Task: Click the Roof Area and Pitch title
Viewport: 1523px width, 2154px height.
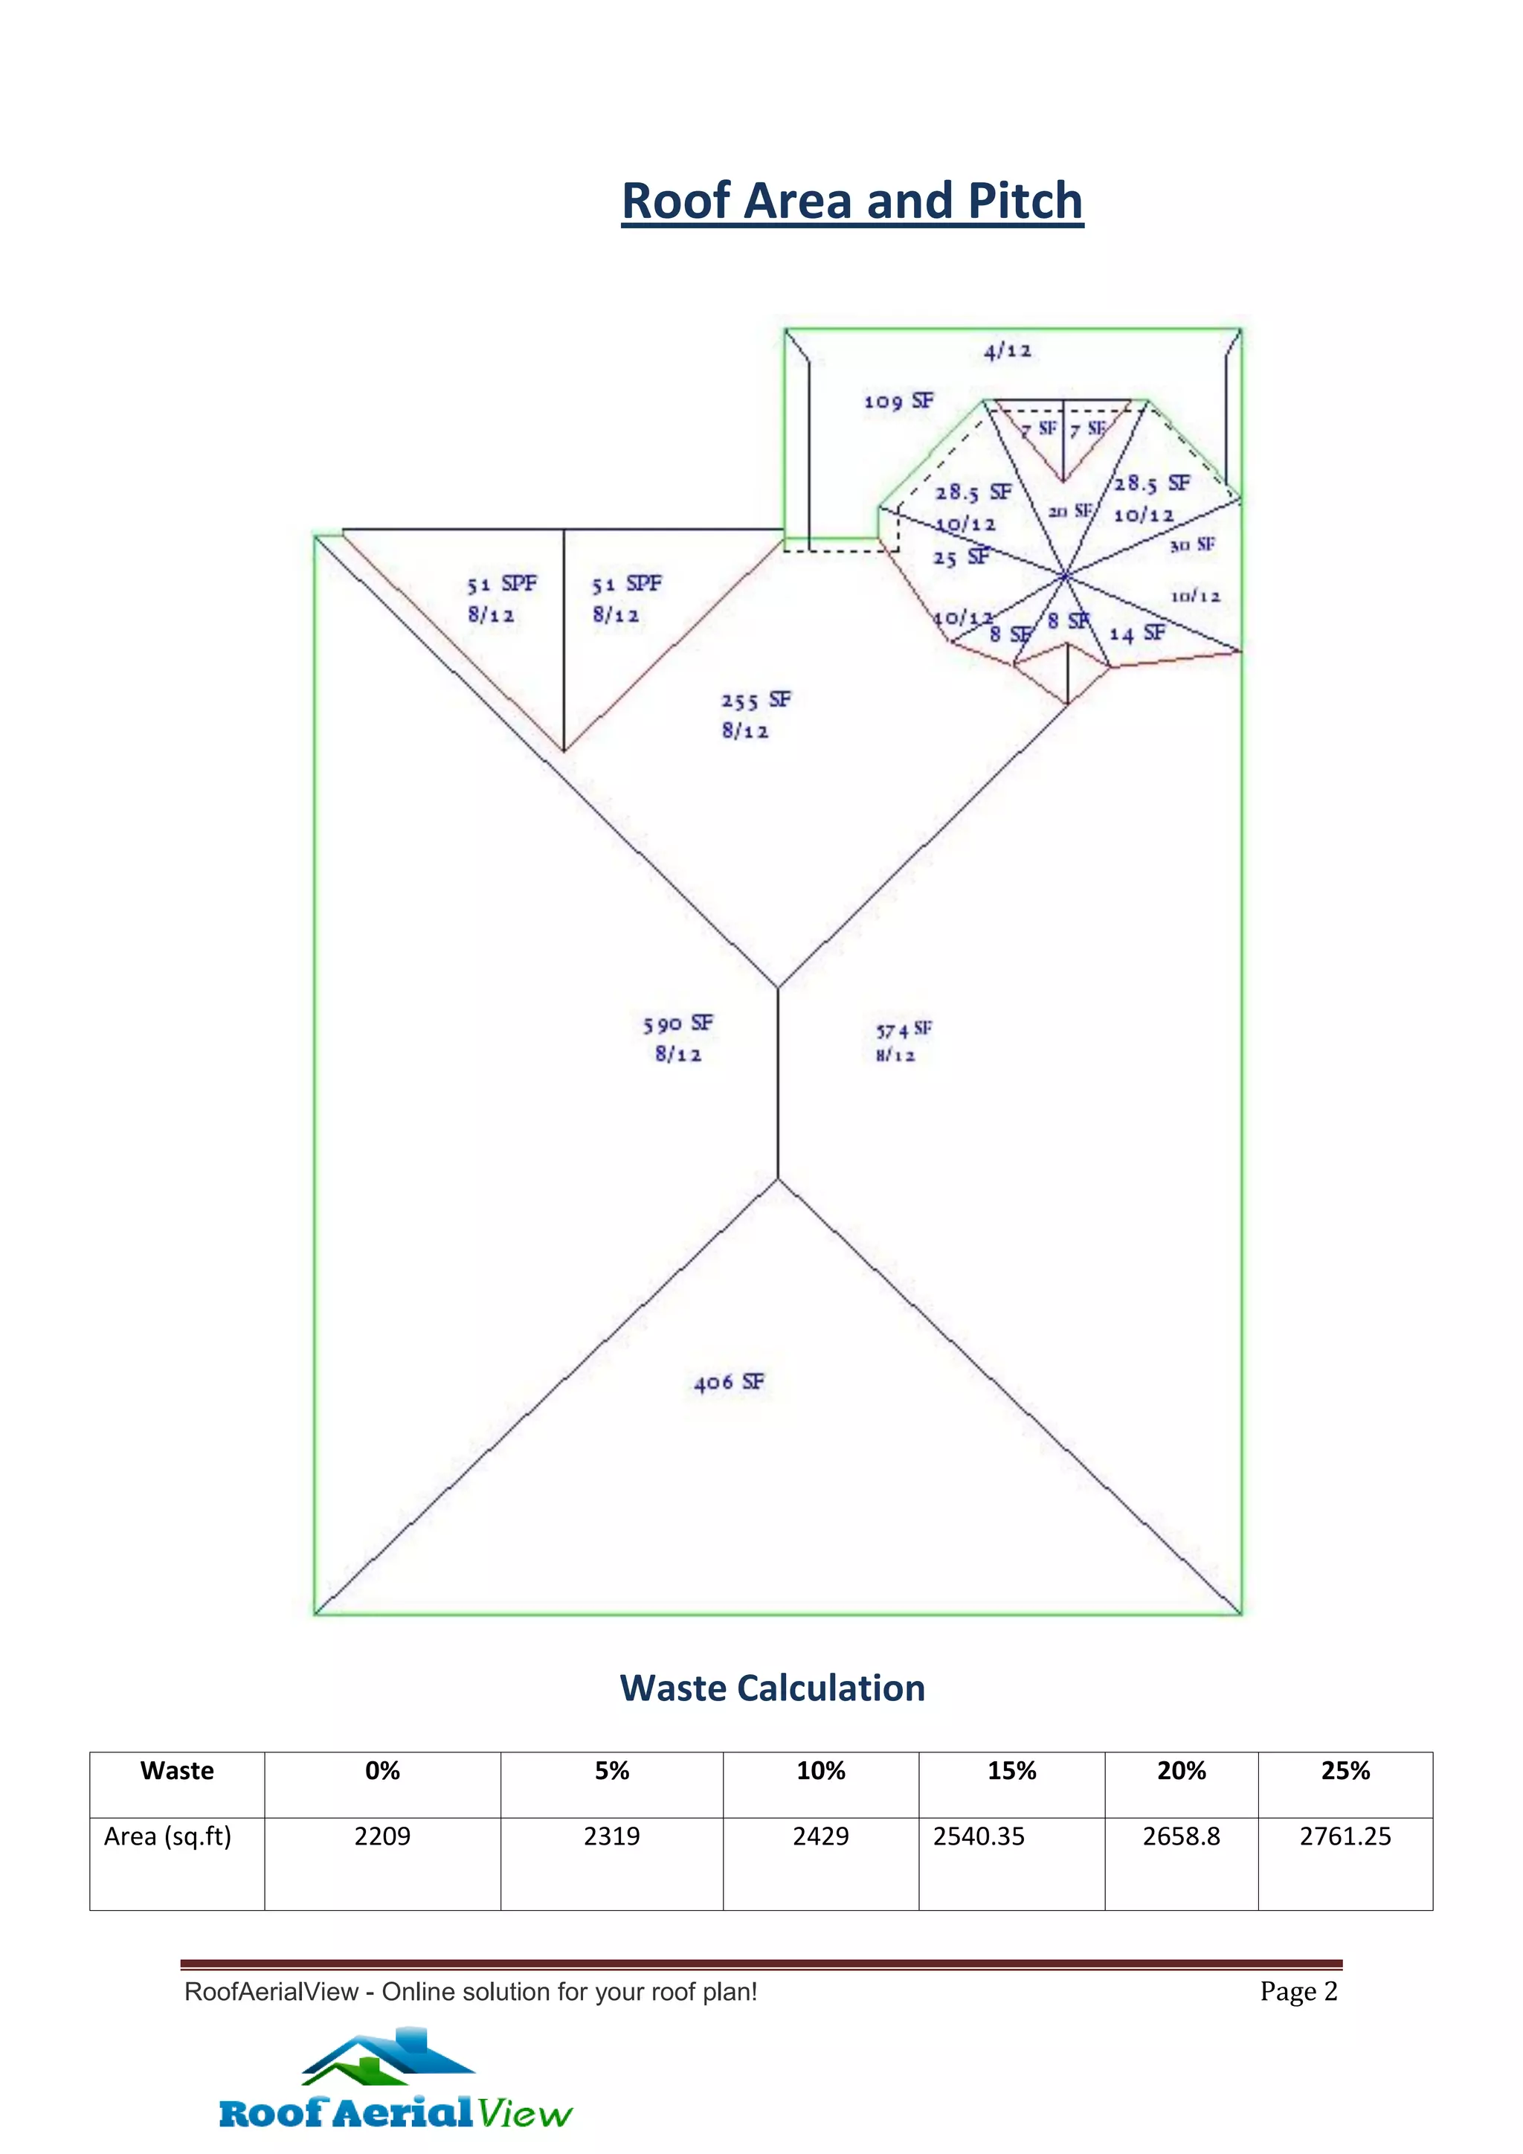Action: pyautogui.click(x=851, y=202)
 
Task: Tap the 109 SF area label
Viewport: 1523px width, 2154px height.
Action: pyautogui.click(x=898, y=402)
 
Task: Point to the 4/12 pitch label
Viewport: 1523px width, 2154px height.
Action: pyautogui.click(x=1007, y=351)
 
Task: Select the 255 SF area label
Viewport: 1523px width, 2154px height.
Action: pyautogui.click(x=755, y=700)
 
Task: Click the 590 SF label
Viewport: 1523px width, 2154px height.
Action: pyautogui.click(x=677, y=1023)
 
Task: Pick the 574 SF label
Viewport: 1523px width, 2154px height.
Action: pyautogui.click(x=903, y=1030)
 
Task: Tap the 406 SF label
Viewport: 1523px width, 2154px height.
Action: pyautogui.click(x=729, y=1382)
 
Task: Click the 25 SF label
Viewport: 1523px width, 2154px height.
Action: pyautogui.click(x=960, y=557)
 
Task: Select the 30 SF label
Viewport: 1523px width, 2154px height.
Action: pyautogui.click(x=1192, y=545)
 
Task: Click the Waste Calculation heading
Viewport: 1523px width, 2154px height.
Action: pyautogui.click(x=772, y=1688)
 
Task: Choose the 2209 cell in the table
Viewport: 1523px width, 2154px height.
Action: pyautogui.click(x=381, y=1836)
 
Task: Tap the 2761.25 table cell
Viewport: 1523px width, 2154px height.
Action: pyautogui.click(x=1345, y=1836)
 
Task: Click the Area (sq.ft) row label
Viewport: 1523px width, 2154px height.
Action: pyautogui.click(x=168, y=1836)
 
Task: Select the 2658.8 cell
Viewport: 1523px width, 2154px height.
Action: pyautogui.click(x=1181, y=1836)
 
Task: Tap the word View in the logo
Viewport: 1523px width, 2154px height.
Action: pyautogui.click(x=524, y=2114)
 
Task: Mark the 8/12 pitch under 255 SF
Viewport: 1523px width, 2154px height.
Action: pyautogui.click(x=744, y=731)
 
